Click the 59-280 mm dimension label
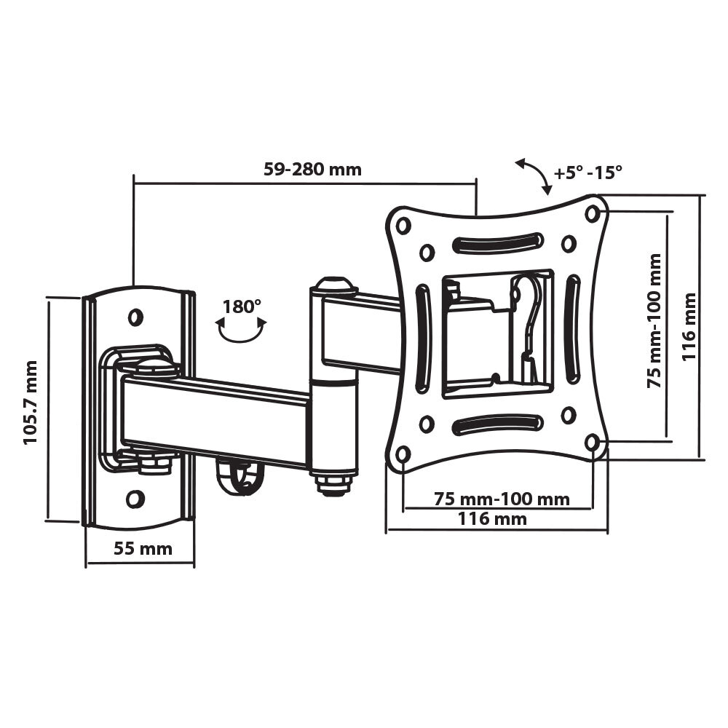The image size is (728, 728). point(312,170)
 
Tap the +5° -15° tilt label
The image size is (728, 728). point(588,173)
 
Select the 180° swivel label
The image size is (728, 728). point(242,306)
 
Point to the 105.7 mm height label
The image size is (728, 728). point(31,403)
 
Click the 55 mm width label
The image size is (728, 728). point(143,548)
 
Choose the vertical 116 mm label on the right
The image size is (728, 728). point(689,327)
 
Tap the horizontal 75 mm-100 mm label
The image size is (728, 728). point(502,499)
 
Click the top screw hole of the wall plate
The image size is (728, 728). point(135,317)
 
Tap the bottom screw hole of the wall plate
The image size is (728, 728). point(135,499)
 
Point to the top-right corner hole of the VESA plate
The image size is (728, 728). point(593,213)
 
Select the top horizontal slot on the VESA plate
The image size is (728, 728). point(497,242)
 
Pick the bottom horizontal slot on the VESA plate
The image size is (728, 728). point(497,424)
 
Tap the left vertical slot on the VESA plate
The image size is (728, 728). point(422,338)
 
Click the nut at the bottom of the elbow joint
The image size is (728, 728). point(333,483)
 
